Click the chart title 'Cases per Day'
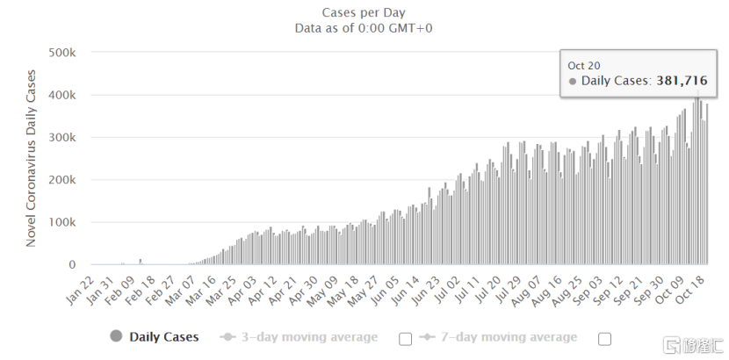pyautogui.click(x=364, y=11)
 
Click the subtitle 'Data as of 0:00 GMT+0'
pyautogui.click(x=364, y=27)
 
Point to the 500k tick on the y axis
pyautogui.click(x=62, y=53)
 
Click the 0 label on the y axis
pyautogui.click(x=74, y=265)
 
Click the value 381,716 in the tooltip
pyautogui.click(x=682, y=81)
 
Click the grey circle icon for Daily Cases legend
pyautogui.click(x=115, y=336)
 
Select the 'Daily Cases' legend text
pyautogui.click(x=164, y=336)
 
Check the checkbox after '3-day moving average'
pyautogui.click(x=405, y=338)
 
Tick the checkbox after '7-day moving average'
pyautogui.click(x=605, y=338)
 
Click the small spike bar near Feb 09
pyautogui.click(x=141, y=262)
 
